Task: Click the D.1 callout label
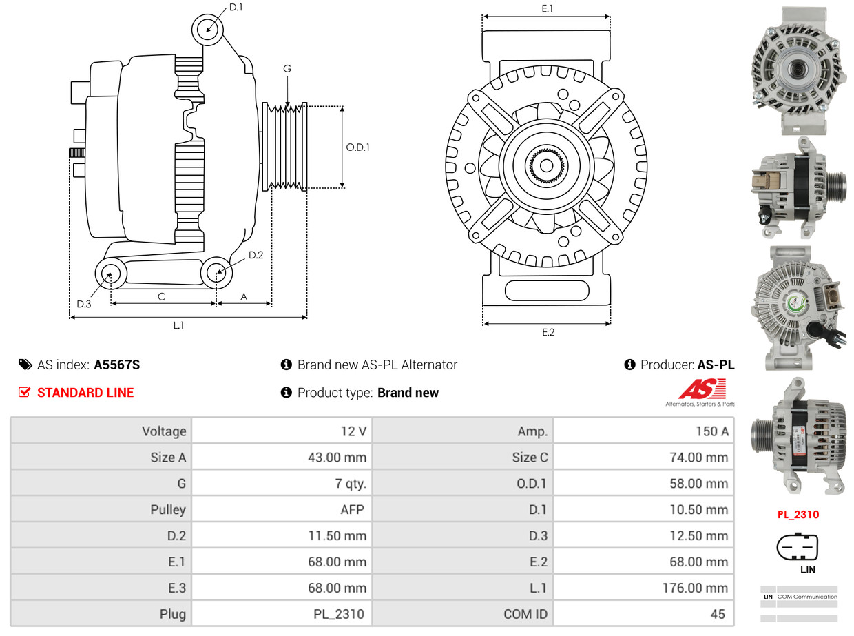(x=236, y=7)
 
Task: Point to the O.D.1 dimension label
(x=357, y=147)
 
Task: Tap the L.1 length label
(x=178, y=325)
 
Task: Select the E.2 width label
(x=548, y=332)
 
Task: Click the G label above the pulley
(x=287, y=68)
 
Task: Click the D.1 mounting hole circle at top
(x=207, y=29)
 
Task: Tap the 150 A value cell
(x=711, y=431)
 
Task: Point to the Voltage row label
(x=164, y=431)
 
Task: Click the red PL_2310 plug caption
(x=798, y=514)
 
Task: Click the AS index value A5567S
(x=116, y=365)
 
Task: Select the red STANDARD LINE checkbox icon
(x=24, y=392)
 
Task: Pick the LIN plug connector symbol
(x=798, y=547)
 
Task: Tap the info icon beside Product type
(x=287, y=392)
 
